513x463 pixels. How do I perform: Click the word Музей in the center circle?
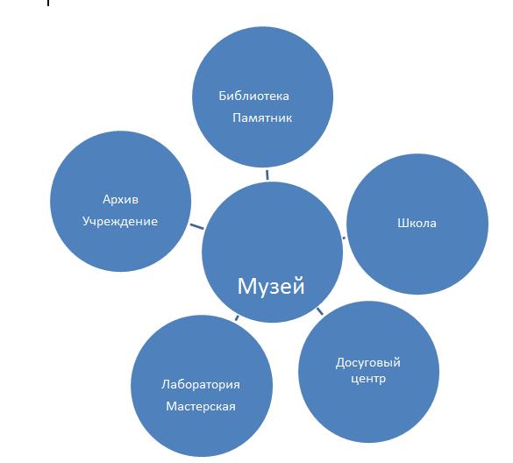click(x=271, y=286)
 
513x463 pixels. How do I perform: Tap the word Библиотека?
click(x=254, y=96)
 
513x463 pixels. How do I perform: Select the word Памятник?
click(x=262, y=118)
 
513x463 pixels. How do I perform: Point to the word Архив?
click(x=120, y=199)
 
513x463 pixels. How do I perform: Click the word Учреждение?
click(x=120, y=222)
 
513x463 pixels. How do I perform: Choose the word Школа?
click(x=417, y=223)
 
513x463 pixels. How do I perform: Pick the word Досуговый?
click(x=368, y=362)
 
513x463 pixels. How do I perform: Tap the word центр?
click(x=368, y=379)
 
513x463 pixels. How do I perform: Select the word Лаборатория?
click(x=201, y=384)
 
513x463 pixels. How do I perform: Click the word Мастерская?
click(x=201, y=406)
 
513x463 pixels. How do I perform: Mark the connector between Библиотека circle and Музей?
click(x=267, y=175)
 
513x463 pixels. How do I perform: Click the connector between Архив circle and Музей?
click(x=196, y=226)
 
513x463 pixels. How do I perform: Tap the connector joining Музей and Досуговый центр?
click(x=319, y=311)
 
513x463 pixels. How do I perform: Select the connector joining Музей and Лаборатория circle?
click(x=237, y=318)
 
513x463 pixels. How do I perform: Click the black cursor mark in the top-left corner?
click(x=48, y=3)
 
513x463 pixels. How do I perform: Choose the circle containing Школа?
click(x=417, y=224)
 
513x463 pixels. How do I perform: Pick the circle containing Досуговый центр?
click(x=368, y=372)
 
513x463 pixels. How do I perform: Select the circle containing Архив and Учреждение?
click(x=121, y=201)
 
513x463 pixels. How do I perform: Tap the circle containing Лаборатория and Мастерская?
click(x=202, y=386)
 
